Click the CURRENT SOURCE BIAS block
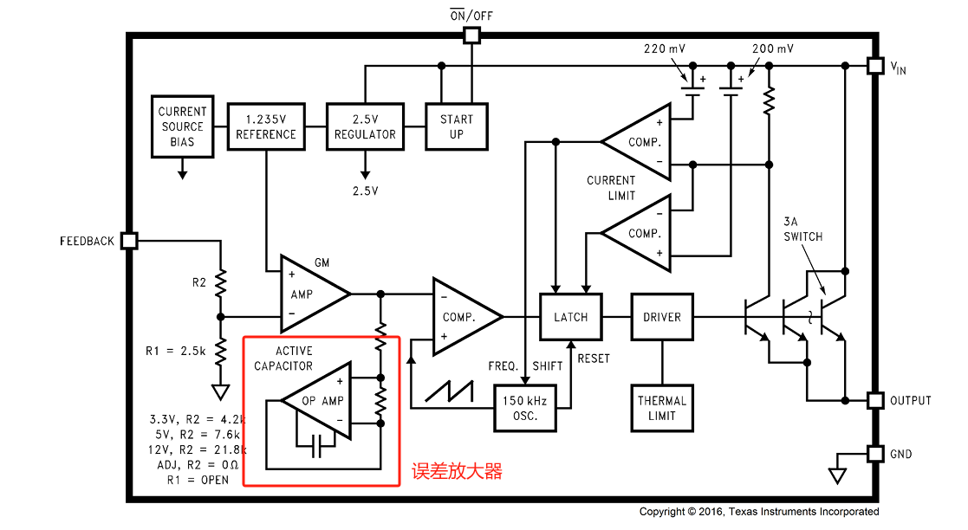(182, 126)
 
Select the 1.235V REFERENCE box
(266, 126)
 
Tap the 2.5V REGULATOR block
(365, 126)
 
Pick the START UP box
(456, 126)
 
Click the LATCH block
(570, 317)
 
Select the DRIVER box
(662, 317)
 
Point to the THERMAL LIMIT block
(662, 408)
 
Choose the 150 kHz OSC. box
(525, 408)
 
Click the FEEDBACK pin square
(129, 241)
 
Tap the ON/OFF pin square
(471, 36)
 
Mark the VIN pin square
(875, 66)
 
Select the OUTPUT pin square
(875, 400)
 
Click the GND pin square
(875, 454)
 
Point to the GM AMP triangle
(312, 294)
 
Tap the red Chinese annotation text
(457, 471)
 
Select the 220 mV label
(665, 48)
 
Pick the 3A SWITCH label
(802, 229)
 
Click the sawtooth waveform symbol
(450, 391)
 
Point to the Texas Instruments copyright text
(759, 512)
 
